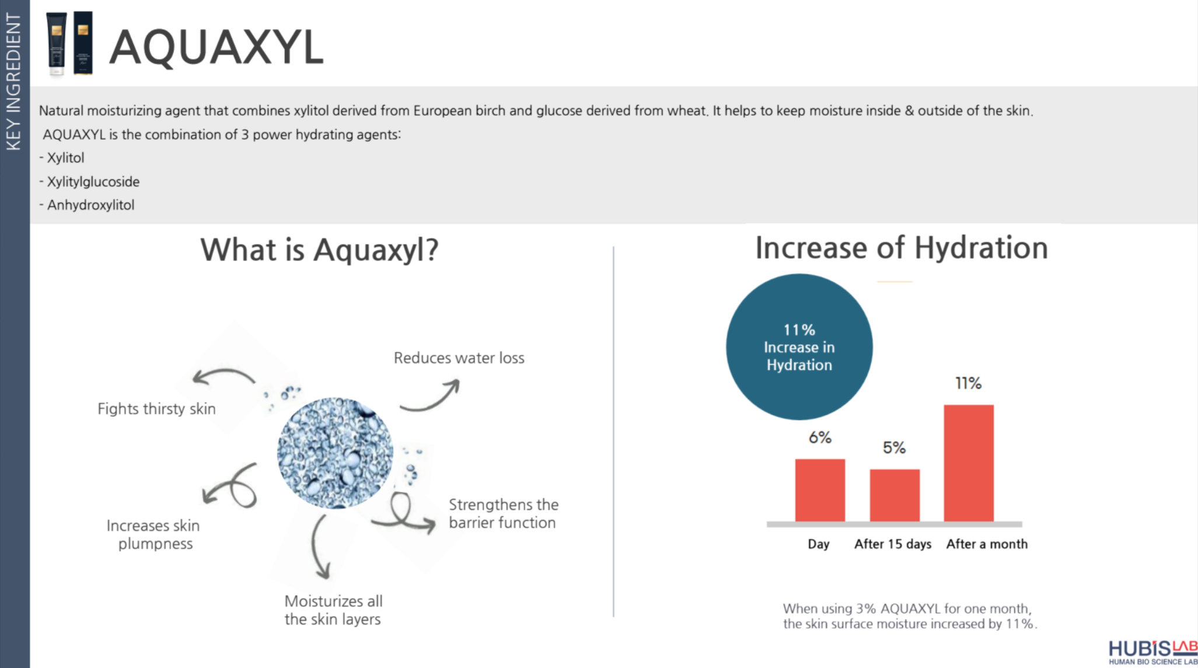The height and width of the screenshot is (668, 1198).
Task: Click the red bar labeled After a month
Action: coord(969,463)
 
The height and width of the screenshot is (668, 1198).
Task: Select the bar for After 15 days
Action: coord(895,495)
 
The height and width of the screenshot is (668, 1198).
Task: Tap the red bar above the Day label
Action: coord(820,490)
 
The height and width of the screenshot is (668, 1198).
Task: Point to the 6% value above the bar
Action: coord(820,438)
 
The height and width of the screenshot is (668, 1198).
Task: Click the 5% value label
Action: coord(894,447)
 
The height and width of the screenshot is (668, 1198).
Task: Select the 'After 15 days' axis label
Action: coord(893,544)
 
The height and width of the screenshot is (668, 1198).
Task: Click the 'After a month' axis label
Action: coord(987,544)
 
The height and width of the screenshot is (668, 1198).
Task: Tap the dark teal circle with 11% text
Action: coord(799,347)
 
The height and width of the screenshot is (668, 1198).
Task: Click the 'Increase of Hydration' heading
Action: coord(902,248)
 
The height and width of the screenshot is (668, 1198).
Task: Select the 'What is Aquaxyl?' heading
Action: coord(319,250)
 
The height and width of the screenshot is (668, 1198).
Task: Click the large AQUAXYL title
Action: coord(216,47)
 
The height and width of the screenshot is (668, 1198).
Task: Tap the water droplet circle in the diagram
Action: coord(335,453)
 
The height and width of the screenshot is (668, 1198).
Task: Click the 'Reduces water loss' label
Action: coord(459,358)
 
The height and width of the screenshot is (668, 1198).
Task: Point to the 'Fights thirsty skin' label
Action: coord(156,409)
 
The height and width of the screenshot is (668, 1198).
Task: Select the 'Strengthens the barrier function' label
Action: coord(503,513)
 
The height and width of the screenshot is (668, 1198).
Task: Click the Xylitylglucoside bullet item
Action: coord(89,182)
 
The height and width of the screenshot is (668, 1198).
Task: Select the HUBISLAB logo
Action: coord(1153,652)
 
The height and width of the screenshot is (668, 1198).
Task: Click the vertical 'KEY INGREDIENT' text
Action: coord(13,82)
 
